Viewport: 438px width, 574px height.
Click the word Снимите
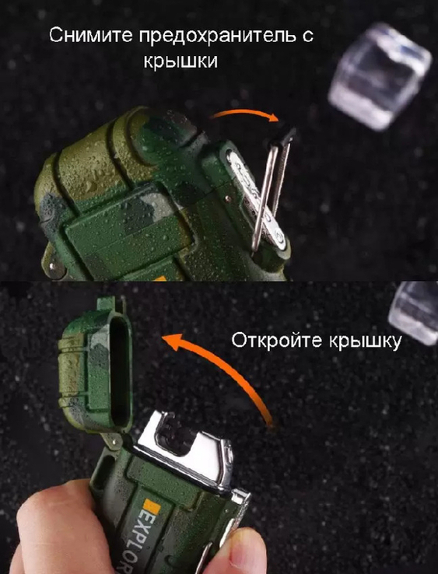point(91,36)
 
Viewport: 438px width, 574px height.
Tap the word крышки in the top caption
point(180,61)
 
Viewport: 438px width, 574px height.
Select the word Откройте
point(277,341)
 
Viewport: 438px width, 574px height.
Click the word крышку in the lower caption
point(365,342)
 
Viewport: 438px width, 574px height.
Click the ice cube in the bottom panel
point(414,312)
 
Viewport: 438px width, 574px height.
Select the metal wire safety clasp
point(271,187)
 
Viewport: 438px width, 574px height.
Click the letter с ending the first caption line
point(308,37)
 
